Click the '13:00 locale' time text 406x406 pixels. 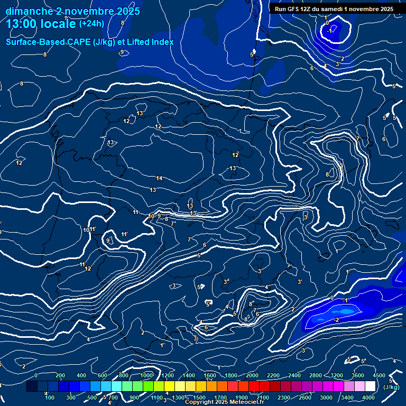coord(40,24)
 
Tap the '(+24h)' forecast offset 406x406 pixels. coord(91,23)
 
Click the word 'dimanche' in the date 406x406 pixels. coord(29,11)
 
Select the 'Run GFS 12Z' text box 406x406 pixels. coord(334,9)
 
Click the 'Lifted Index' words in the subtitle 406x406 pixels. coord(148,42)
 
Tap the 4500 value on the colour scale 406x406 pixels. coord(379,375)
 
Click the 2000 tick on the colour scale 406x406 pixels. coord(252,375)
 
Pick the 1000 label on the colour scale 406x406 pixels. coord(146,375)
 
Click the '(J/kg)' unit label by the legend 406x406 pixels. coord(391,387)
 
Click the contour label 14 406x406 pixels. coord(159,178)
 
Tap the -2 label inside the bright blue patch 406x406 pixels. coord(336,320)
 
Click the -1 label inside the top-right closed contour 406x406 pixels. coord(329,31)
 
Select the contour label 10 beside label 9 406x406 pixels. coord(151,216)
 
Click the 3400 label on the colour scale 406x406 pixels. coord(347,398)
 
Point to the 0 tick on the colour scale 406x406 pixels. coord(36,375)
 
